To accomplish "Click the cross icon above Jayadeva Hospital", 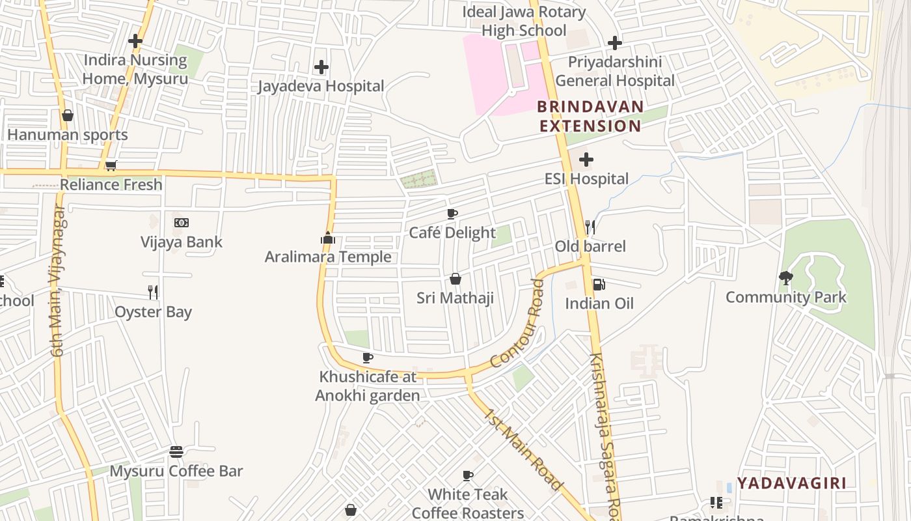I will pos(321,67).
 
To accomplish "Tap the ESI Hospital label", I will pos(586,178).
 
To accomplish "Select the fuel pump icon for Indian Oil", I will pos(599,284).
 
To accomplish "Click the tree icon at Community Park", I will pos(786,278).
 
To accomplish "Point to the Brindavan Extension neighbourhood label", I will pos(590,116).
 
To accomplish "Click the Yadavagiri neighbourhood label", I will pos(792,483).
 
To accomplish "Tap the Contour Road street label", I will pos(517,324).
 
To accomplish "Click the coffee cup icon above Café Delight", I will pos(452,214).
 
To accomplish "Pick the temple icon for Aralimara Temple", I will pos(328,238).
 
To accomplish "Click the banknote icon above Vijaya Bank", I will pos(182,223).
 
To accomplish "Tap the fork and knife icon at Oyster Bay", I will pos(153,292).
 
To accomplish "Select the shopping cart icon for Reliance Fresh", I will pos(111,166).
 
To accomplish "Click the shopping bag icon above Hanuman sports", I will pos(68,116).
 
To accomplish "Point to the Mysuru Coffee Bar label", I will pos(176,471).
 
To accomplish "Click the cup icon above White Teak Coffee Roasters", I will pos(467,475).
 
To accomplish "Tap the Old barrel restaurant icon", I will pos(590,227).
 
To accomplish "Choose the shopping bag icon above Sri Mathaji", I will pos(455,279).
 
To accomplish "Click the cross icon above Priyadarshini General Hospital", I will pos(614,44).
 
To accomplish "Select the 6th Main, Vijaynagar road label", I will pos(58,281).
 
